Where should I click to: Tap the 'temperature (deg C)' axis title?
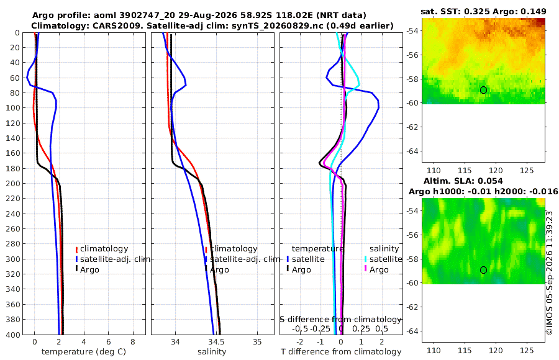(x=84, y=352)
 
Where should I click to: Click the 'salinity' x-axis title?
(x=212, y=352)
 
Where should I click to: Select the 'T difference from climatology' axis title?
(x=341, y=352)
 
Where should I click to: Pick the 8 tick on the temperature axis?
(x=133, y=342)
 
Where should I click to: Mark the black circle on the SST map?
(x=483, y=90)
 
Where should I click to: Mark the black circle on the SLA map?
(x=483, y=270)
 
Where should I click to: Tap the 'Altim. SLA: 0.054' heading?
(x=463, y=181)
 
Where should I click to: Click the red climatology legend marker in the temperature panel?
(x=76, y=249)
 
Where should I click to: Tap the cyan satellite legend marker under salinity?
(x=365, y=259)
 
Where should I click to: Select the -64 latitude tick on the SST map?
(x=413, y=151)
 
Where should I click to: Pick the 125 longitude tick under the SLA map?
(x=527, y=351)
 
